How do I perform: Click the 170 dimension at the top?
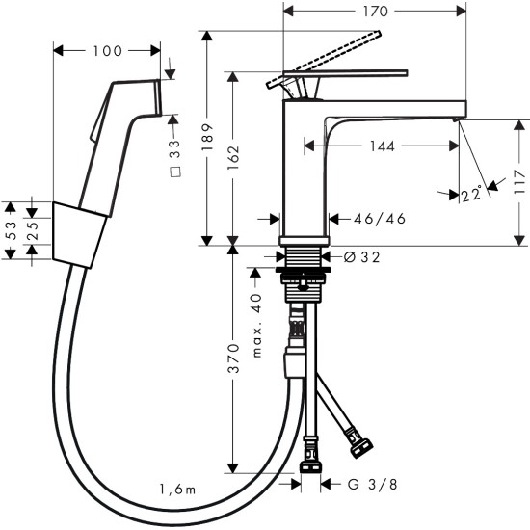pos(377,13)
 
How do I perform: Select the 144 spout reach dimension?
pos(380,147)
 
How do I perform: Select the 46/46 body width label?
pos(380,219)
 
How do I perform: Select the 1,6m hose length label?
pos(178,490)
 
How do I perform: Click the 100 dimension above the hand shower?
pos(107,49)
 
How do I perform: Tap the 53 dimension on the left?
pos(11,230)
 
